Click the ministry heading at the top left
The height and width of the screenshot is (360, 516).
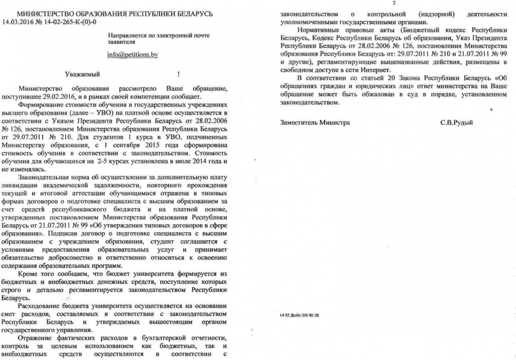coord(115,14)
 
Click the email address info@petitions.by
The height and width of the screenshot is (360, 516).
coord(132,55)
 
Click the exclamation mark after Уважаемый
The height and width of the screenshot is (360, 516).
coord(178,74)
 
